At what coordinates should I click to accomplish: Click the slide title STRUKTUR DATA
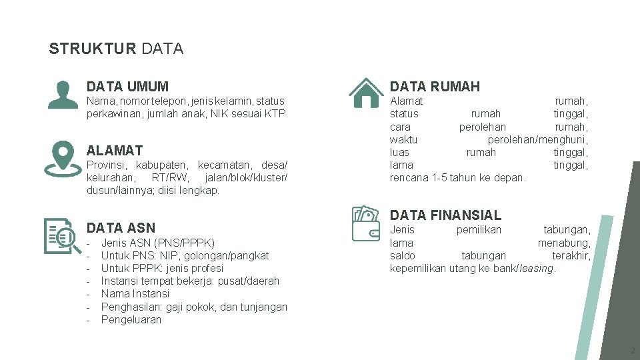pos(116,49)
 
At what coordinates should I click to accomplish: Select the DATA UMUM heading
pos(127,86)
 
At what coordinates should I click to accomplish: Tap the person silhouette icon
pos(62,94)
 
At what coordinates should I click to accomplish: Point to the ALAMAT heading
pos(115,150)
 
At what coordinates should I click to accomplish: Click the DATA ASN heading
pos(121,228)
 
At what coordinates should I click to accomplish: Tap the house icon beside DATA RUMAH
pos(366,93)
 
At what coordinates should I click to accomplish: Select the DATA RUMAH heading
pos(435,86)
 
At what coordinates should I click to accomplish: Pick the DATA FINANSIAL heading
pos(445,215)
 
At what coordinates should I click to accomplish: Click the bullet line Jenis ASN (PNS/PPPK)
pos(158,243)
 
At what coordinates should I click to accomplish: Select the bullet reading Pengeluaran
pos(131,319)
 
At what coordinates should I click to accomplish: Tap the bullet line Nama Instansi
pos(135,293)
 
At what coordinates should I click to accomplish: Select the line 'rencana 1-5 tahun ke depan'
pos(457,177)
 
